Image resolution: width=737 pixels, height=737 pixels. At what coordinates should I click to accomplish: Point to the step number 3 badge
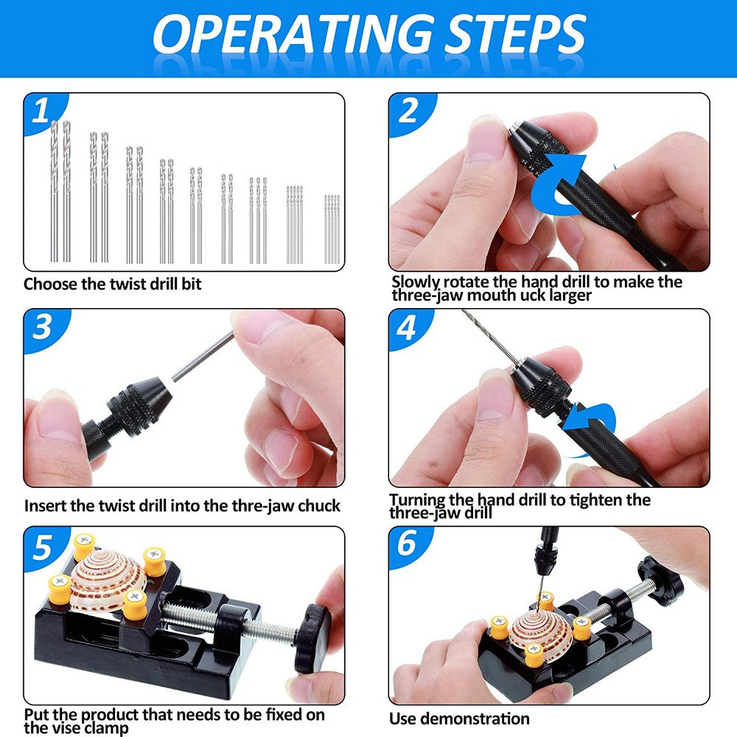(x=42, y=326)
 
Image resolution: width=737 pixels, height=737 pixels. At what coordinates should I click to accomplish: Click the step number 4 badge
(x=408, y=326)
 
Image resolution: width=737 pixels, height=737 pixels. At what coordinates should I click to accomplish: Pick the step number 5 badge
(x=42, y=546)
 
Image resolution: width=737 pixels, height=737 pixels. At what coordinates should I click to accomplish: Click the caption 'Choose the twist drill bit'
(x=112, y=284)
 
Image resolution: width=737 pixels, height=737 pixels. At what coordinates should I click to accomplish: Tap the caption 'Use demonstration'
(x=459, y=719)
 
